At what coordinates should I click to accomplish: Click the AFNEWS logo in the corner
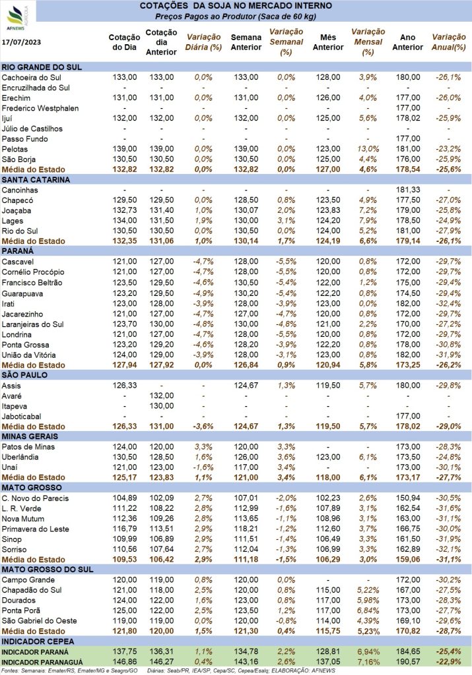click(17, 18)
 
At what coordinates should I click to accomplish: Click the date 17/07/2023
click(22, 42)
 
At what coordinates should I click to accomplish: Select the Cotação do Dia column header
click(124, 42)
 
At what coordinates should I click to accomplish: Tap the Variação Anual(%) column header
click(449, 42)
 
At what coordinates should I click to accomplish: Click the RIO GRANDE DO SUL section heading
click(42, 67)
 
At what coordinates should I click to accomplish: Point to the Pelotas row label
click(15, 149)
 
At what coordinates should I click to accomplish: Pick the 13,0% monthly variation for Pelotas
click(368, 149)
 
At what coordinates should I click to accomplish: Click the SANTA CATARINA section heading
click(36, 179)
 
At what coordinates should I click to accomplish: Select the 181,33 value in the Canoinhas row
click(408, 190)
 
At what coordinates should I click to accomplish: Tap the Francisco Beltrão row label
click(32, 282)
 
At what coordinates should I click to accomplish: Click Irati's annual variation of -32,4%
click(448, 303)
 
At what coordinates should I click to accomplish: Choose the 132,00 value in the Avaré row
click(162, 396)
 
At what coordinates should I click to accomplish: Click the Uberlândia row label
click(20, 457)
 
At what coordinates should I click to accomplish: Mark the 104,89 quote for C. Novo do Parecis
click(125, 498)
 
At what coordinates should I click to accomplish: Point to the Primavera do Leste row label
click(36, 529)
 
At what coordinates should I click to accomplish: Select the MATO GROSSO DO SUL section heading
click(48, 570)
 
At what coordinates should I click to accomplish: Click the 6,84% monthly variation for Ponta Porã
click(368, 610)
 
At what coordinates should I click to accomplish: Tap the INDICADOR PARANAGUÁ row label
click(42, 662)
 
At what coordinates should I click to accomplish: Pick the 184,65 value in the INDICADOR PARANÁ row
click(408, 652)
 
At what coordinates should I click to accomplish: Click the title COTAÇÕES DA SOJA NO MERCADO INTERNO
click(236, 5)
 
